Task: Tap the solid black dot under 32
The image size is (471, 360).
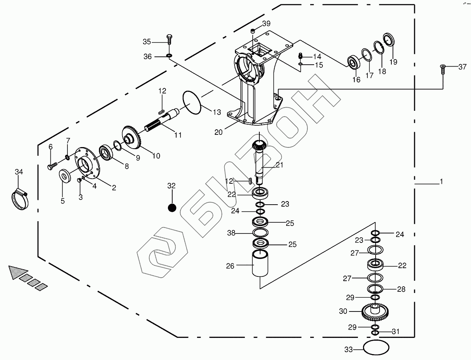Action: (171, 207)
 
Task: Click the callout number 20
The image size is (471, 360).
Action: (218, 132)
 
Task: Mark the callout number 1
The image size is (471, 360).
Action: (441, 182)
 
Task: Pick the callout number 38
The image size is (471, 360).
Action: (231, 233)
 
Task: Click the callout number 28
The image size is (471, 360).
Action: (401, 289)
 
